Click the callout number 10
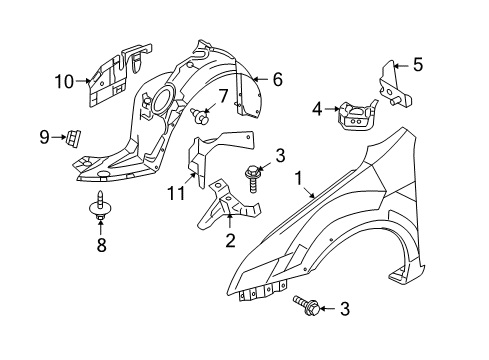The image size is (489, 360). click(x=64, y=81)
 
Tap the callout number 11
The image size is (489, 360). click(x=176, y=193)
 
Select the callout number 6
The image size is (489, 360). click(x=277, y=79)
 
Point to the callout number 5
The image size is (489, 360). click(x=418, y=64)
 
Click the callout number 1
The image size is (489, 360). click(x=298, y=178)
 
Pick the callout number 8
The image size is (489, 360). click(x=101, y=245)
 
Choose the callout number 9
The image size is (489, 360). click(x=44, y=137)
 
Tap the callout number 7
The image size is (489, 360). click(x=223, y=96)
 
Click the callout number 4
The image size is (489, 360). click(x=317, y=109)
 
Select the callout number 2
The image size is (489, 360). click(x=230, y=240)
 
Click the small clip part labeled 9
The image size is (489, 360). click(x=73, y=137)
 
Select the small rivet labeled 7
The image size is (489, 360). click(x=200, y=116)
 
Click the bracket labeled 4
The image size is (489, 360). click(x=358, y=117)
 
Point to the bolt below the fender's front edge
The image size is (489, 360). click(x=307, y=305)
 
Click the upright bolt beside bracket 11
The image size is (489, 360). click(x=253, y=179)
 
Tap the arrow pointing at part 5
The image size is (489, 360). click(x=401, y=66)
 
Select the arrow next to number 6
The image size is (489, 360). click(x=261, y=79)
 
